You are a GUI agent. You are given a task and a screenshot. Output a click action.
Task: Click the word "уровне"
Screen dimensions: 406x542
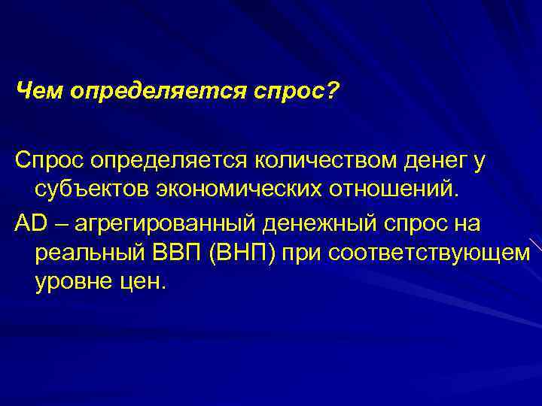[72, 283]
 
